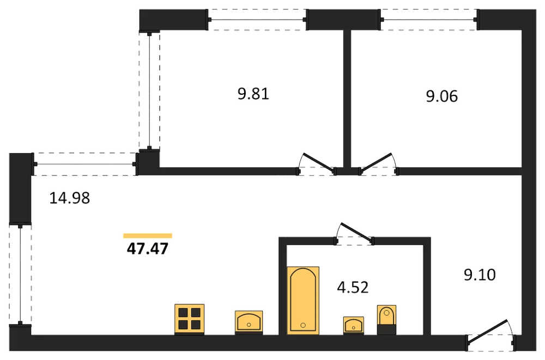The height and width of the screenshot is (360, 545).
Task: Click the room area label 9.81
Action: [x=253, y=94]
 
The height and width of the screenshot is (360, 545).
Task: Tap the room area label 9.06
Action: [x=442, y=96]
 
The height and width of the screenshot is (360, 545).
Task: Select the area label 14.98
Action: [x=70, y=198]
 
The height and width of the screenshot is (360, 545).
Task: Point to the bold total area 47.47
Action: [x=148, y=248]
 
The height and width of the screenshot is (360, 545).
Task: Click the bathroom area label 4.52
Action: [x=353, y=288]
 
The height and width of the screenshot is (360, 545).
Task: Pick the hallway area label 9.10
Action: [x=480, y=275]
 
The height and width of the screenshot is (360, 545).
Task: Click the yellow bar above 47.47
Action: [x=148, y=236]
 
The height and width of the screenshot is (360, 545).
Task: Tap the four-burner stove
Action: [x=190, y=319]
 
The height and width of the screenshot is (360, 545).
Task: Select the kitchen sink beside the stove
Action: [x=249, y=322]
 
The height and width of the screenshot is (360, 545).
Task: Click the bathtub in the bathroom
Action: [x=303, y=301]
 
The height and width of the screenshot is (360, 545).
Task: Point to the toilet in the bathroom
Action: [x=386, y=320]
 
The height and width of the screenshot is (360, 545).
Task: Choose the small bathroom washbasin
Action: [x=354, y=325]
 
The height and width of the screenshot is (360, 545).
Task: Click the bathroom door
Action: [x=355, y=233]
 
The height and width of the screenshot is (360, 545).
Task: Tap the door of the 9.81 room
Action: [x=317, y=164]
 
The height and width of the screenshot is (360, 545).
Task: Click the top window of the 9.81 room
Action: [x=258, y=20]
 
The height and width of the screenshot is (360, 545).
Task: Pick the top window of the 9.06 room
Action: [x=429, y=20]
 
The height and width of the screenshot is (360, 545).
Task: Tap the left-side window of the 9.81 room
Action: [x=149, y=90]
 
